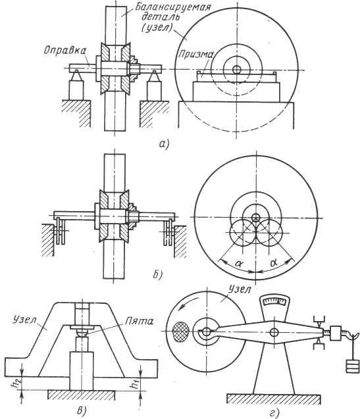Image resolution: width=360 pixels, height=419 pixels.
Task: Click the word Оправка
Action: tap(65, 51)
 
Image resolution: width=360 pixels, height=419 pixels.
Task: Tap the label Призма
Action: tap(195, 55)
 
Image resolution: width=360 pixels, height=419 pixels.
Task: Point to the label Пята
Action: tap(140, 321)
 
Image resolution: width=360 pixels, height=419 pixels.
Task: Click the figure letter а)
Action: tap(165, 144)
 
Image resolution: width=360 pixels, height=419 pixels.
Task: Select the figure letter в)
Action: tap(82, 410)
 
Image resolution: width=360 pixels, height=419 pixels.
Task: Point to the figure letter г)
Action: tap(275, 413)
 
